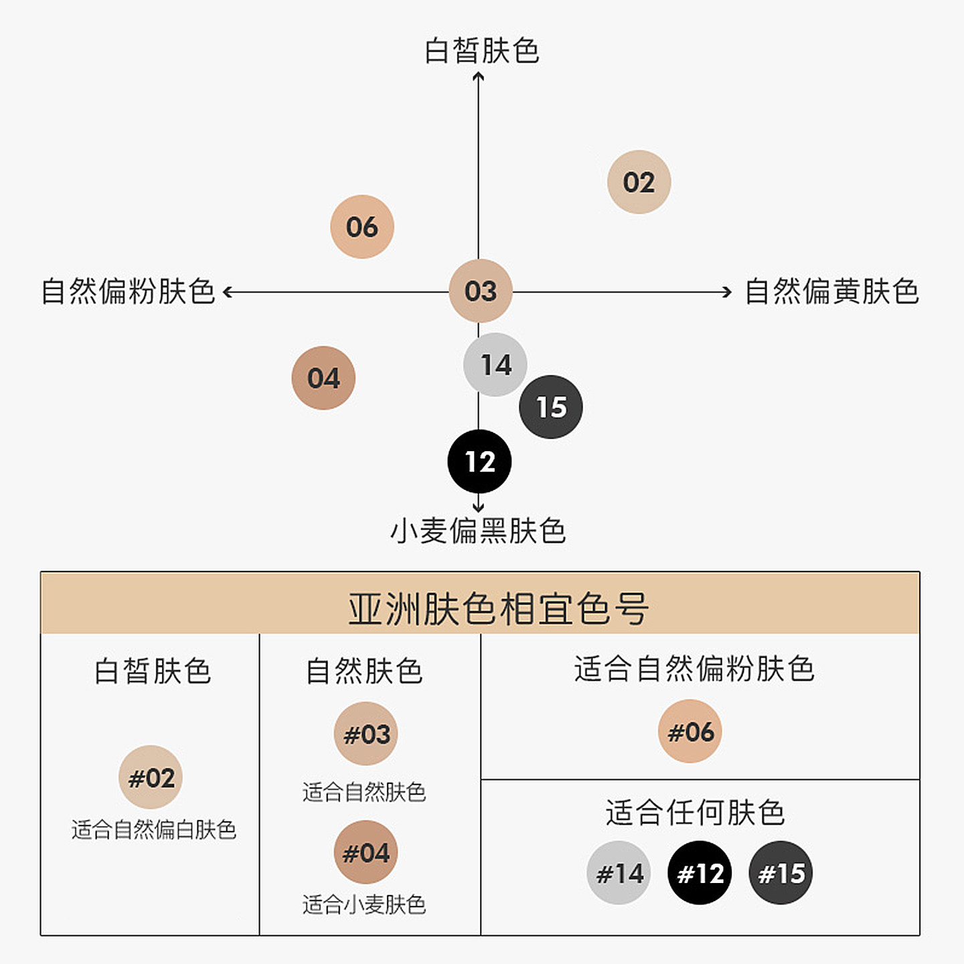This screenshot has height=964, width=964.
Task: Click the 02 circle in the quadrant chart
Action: pos(639,182)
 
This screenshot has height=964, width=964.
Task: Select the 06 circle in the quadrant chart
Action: pos(361,227)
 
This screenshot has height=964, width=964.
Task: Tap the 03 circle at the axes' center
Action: pos(480,291)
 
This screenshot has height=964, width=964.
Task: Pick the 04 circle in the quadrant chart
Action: pos(323,378)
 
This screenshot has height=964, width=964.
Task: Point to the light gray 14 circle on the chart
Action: pos(495,365)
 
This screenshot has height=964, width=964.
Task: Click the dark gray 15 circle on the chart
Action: pos(550,407)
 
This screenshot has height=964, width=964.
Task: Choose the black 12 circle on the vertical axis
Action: pos(479,462)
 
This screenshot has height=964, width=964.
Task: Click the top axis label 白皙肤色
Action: pos(481,51)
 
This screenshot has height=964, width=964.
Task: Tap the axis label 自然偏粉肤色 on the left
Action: pos(128,292)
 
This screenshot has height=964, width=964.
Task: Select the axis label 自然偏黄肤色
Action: pos(831,292)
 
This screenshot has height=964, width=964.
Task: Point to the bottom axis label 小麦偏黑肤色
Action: pos(478,531)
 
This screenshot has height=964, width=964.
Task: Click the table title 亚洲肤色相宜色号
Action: pos(498,609)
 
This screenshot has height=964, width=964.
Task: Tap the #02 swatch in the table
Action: pos(151,777)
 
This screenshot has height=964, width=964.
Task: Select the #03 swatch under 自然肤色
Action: pos(366,734)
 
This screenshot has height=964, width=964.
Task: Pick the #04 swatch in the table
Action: pos(366,852)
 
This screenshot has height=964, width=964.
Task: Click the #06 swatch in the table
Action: pos(690,731)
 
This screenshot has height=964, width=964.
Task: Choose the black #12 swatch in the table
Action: pos(700,873)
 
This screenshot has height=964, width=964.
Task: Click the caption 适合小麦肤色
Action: pos(364,905)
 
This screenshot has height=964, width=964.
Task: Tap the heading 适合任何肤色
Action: pos(695,813)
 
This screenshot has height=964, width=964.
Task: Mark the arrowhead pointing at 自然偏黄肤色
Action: pos(728,292)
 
